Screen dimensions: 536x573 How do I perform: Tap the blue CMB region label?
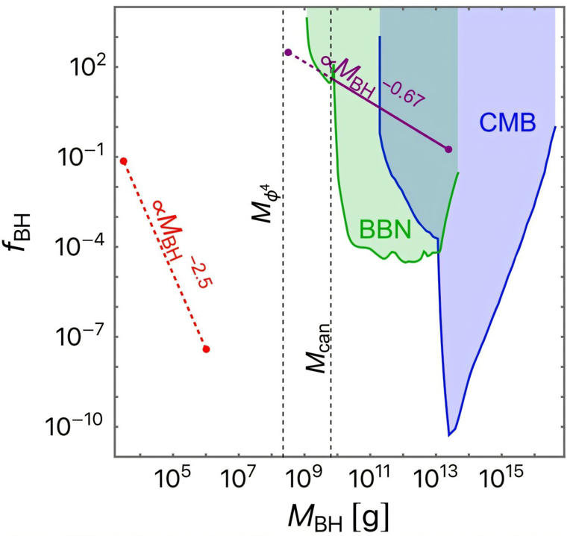click(x=507, y=123)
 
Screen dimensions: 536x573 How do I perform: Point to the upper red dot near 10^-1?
click(x=123, y=161)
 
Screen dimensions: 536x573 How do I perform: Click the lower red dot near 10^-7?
click(x=206, y=349)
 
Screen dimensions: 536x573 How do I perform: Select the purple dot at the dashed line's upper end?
click(x=288, y=52)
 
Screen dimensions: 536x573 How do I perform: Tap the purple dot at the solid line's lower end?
click(x=448, y=149)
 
